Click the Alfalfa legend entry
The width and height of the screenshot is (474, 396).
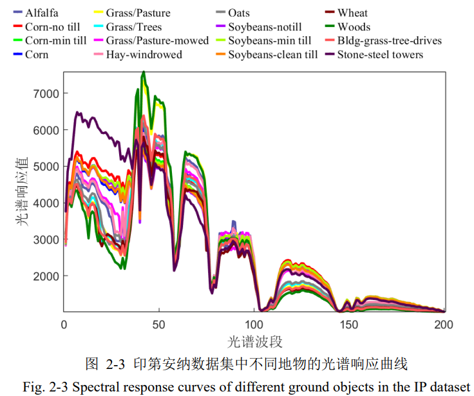click(44, 13)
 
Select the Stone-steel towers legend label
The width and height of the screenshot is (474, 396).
click(380, 55)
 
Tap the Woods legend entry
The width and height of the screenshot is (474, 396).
click(354, 27)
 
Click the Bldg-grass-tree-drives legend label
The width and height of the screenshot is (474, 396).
click(389, 41)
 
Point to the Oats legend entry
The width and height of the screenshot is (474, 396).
click(238, 13)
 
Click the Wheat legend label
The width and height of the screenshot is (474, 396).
click(352, 13)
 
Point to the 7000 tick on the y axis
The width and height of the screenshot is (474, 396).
click(46, 94)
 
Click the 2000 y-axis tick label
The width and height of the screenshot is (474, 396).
click(46, 276)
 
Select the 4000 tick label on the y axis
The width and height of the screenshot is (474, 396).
click(46, 203)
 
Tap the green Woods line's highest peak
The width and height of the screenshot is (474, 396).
click(144, 71)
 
